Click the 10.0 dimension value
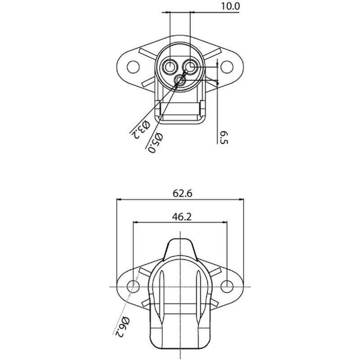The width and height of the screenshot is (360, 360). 230,6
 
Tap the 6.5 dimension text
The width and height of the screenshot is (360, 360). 224,137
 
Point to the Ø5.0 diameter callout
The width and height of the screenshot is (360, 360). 155,143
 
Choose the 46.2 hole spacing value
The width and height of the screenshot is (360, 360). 182,216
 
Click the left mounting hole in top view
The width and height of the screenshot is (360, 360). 133,67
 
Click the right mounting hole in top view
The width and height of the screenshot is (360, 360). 227,67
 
